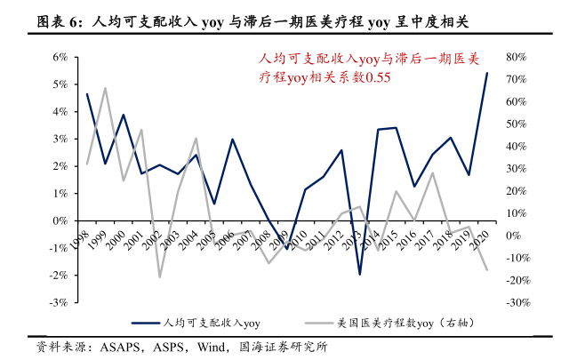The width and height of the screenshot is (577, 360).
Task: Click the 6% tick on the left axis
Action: pos(61,57)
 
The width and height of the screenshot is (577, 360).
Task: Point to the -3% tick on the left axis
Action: pos(60,302)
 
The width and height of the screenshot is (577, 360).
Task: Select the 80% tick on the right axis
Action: pos(517,57)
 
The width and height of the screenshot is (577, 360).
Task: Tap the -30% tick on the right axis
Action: pos(517,302)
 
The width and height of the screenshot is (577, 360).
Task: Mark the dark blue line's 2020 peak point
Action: pos(486,73)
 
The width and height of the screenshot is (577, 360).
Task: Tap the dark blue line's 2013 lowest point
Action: pos(359,275)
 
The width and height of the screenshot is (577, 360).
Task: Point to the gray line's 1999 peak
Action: pos(105,88)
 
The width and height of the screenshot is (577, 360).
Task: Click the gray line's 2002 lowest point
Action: pos(159,277)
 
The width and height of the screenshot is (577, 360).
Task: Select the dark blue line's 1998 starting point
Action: pos(86,93)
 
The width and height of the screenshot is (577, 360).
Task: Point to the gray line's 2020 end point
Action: pos(486,270)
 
